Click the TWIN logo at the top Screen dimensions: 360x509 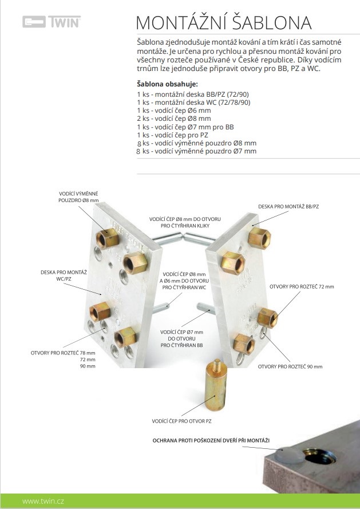(x=52, y=22)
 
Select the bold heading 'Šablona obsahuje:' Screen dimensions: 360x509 (x=167, y=84)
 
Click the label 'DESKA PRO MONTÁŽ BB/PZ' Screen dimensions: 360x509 (x=288, y=207)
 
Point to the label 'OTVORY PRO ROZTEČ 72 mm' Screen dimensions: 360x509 (x=302, y=287)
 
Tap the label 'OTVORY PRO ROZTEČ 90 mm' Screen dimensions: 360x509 (x=290, y=366)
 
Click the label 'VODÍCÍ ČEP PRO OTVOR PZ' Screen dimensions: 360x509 (x=182, y=421)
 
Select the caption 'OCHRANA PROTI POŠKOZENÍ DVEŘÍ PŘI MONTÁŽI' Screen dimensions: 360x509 (x=211, y=440)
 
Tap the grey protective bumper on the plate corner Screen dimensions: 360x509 (x=290, y=455)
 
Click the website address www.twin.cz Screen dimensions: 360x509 (x=43, y=501)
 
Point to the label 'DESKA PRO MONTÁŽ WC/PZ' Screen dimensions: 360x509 (x=64, y=275)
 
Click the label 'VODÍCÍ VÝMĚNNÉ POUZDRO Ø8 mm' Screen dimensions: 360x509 (x=78, y=197)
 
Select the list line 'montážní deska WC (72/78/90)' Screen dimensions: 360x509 (x=194, y=102)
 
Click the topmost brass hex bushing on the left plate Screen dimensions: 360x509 (x=108, y=239)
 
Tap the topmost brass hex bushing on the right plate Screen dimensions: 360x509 (x=259, y=238)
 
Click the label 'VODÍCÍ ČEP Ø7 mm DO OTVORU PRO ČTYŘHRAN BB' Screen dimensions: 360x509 (x=182, y=338)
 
